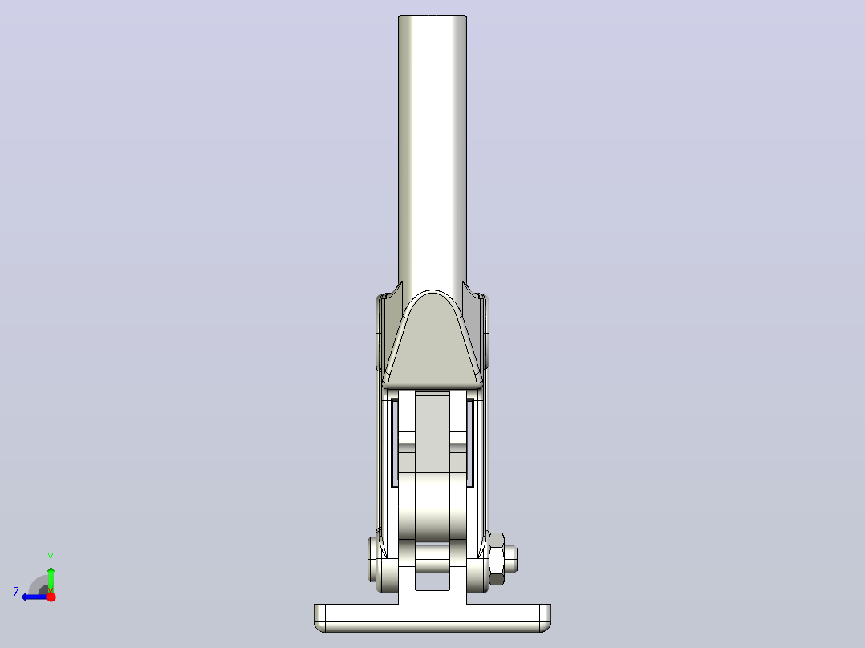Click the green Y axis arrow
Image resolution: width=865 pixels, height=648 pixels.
pos(51,579)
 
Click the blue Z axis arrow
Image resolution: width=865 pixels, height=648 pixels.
pos(35,597)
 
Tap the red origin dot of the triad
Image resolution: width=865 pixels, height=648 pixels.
pos(51,597)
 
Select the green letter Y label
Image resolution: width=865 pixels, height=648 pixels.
pos(51,557)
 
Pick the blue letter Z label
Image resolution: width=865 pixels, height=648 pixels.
pos(16,593)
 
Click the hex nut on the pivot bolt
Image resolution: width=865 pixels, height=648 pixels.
pos(497,559)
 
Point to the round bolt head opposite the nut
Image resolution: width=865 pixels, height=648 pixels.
pos(373,559)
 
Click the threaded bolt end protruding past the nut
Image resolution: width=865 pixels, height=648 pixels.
pos(511,559)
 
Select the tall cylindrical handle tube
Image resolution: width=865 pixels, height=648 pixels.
pos(433,155)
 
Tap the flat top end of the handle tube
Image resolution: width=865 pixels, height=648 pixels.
pos(433,17)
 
